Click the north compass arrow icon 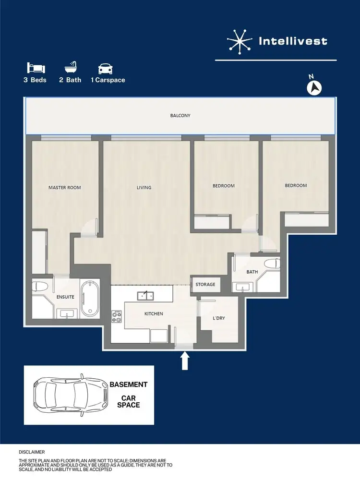pyautogui.click(x=314, y=87)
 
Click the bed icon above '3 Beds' pyautogui.click(x=35, y=68)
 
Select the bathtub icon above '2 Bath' pyautogui.click(x=70, y=67)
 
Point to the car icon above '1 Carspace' pyautogui.click(x=105, y=68)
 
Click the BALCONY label pyautogui.click(x=180, y=116)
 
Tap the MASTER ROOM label pyautogui.click(x=65, y=188)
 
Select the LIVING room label pyautogui.click(x=144, y=188)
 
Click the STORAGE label pyautogui.click(x=205, y=285)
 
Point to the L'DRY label pyautogui.click(x=219, y=318)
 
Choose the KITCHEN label pyautogui.click(x=154, y=314)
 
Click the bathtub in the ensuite pyautogui.click(x=89, y=299)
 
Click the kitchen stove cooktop pyautogui.click(x=117, y=316)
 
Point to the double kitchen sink pyautogui.click(x=145, y=295)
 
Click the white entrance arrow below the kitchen pyautogui.click(x=185, y=361)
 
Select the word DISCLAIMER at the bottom pyautogui.click(x=32, y=452)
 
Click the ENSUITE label pyautogui.click(x=65, y=297)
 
